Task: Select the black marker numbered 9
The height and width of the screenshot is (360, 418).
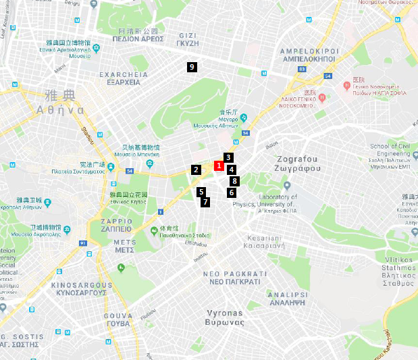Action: click(x=192, y=66)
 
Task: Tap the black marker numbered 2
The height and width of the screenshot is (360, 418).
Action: click(x=196, y=170)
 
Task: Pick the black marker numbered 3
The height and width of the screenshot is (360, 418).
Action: click(x=229, y=157)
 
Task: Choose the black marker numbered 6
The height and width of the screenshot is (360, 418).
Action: click(x=232, y=193)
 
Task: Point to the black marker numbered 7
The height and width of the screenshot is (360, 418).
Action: click(x=205, y=202)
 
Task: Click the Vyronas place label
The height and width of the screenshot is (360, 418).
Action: click(x=224, y=317)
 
